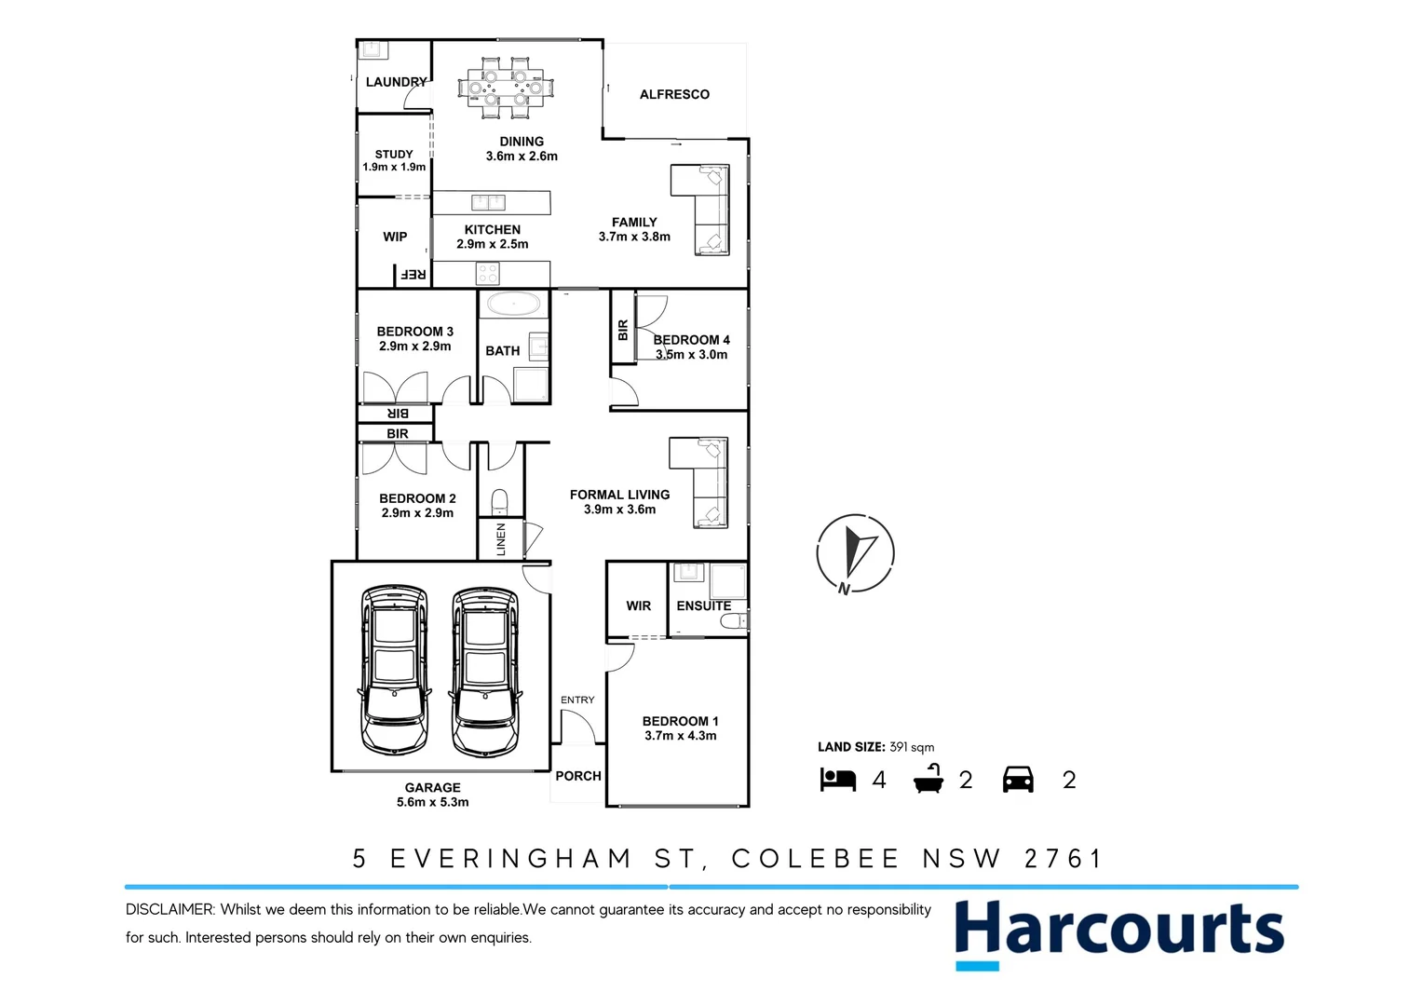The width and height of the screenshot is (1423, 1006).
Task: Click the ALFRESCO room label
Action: click(x=674, y=94)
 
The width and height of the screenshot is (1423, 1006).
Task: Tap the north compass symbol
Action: click(x=855, y=553)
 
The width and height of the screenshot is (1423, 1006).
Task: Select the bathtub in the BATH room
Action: click(x=513, y=305)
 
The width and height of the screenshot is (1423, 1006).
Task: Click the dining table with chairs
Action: click(x=505, y=88)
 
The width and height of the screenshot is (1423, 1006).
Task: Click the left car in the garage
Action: click(x=394, y=669)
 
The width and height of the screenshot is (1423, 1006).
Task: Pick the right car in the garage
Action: click(x=484, y=669)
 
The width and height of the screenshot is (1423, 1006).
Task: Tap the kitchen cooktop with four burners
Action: click(x=488, y=273)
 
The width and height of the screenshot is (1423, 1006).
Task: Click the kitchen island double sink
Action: click(x=488, y=202)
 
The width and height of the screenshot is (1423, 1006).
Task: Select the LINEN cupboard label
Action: click(x=501, y=539)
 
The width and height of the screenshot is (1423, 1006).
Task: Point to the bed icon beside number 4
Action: click(x=837, y=780)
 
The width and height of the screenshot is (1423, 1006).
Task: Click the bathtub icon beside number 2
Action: click(x=928, y=779)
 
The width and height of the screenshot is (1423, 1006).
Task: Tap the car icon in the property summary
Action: click(x=1018, y=780)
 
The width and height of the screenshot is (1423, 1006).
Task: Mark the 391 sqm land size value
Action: click(x=912, y=747)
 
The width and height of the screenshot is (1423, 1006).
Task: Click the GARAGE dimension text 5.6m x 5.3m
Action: click(x=433, y=802)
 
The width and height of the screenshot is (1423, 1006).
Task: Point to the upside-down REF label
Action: click(x=413, y=275)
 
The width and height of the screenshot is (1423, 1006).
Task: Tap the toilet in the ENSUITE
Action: click(x=734, y=621)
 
